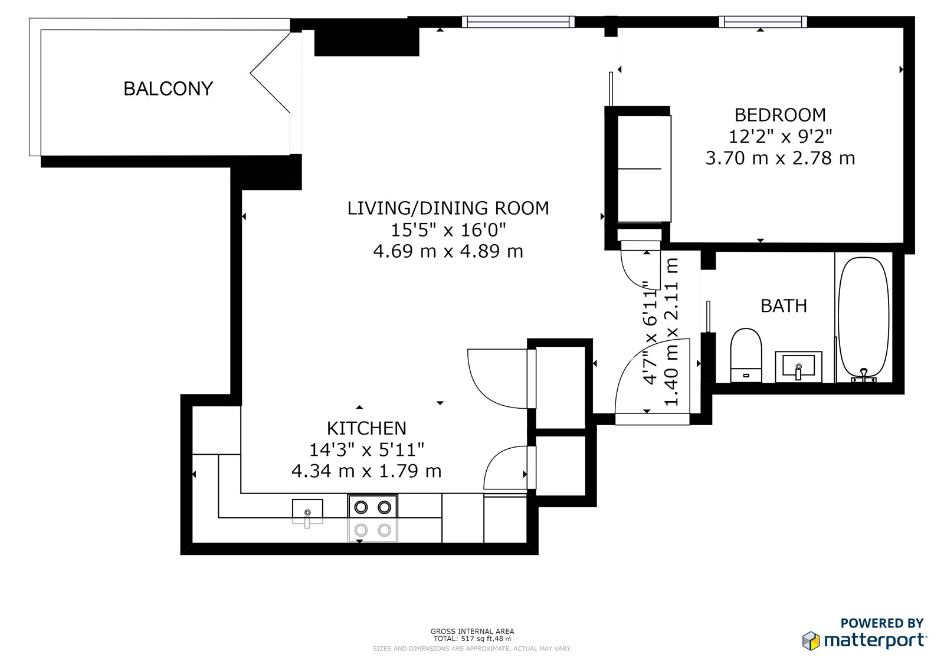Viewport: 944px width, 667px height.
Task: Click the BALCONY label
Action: pos(168,89)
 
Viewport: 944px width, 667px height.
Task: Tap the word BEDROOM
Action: pos(780,115)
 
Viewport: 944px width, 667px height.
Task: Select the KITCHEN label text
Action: pos(366,429)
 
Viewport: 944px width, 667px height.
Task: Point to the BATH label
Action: pos(784,306)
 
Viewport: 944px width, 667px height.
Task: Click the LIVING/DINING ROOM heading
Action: pos(448,208)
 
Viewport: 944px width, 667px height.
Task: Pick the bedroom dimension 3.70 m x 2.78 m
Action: pos(781,159)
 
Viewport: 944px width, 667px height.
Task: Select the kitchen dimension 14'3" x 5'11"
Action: pos(366,450)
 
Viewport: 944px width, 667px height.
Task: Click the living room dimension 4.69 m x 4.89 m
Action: pos(448,252)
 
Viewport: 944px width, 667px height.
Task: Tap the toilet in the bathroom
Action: pos(746,355)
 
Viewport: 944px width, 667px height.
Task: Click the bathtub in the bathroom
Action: pos(864,320)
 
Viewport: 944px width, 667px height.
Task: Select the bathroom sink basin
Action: pos(798,367)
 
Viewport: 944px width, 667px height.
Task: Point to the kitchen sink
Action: pos(307,511)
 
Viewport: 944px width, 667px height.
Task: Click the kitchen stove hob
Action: pos(372,518)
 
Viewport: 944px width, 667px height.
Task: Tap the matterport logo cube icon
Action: pos(811,641)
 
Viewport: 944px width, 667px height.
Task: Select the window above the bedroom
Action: pos(763,22)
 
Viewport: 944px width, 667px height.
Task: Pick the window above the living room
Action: pos(518,22)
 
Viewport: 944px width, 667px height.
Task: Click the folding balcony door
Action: pos(270,73)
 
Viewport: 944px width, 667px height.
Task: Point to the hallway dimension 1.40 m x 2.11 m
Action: pos(671,331)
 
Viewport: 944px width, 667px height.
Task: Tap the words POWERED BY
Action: pos(882,623)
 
